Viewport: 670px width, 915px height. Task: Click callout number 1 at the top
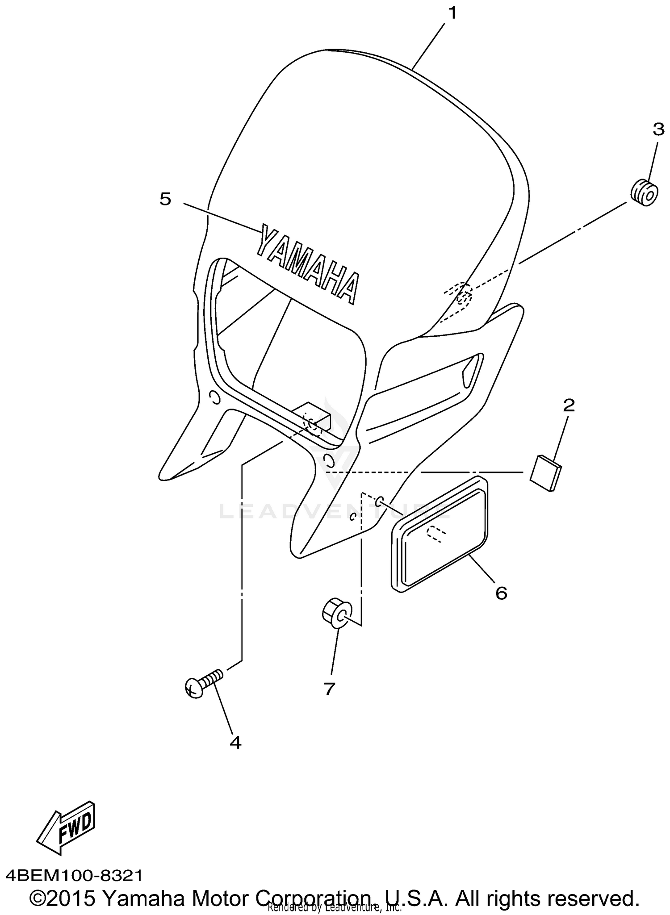click(x=452, y=13)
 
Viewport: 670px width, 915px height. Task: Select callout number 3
click(x=658, y=130)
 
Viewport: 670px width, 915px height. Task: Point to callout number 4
click(x=235, y=743)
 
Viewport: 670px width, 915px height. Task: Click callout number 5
click(x=165, y=199)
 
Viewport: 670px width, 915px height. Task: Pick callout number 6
click(x=501, y=593)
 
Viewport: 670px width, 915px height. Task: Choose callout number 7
click(x=329, y=689)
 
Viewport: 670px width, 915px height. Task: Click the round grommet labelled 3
click(x=645, y=192)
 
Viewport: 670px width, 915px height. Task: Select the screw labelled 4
click(x=203, y=685)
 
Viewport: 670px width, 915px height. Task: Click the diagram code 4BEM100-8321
click(x=74, y=876)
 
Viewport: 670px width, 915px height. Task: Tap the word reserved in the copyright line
click(x=597, y=898)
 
